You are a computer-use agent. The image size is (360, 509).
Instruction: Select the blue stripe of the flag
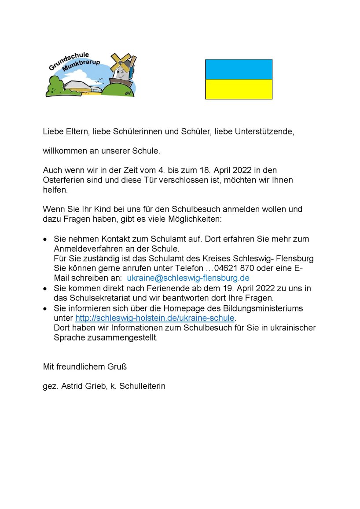239,70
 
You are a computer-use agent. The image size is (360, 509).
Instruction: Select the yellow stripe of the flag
239,89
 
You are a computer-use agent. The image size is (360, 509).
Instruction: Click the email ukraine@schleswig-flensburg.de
188,278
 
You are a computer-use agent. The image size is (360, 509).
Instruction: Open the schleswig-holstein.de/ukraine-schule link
155,318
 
